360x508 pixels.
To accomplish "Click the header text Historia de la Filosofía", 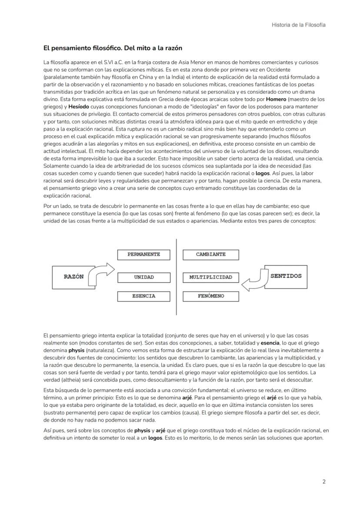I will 298,25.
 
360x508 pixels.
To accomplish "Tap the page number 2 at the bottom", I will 324,481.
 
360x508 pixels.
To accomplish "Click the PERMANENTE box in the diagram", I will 143,255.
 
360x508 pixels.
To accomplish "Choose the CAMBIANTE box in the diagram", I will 210,255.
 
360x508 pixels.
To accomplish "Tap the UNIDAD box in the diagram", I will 143,277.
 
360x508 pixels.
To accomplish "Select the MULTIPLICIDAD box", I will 210,277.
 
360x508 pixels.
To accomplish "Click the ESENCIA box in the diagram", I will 143,296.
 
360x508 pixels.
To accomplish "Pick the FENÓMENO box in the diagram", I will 210,296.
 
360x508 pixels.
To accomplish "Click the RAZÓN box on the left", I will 74,277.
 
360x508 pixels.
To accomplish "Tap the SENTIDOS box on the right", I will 286,276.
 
